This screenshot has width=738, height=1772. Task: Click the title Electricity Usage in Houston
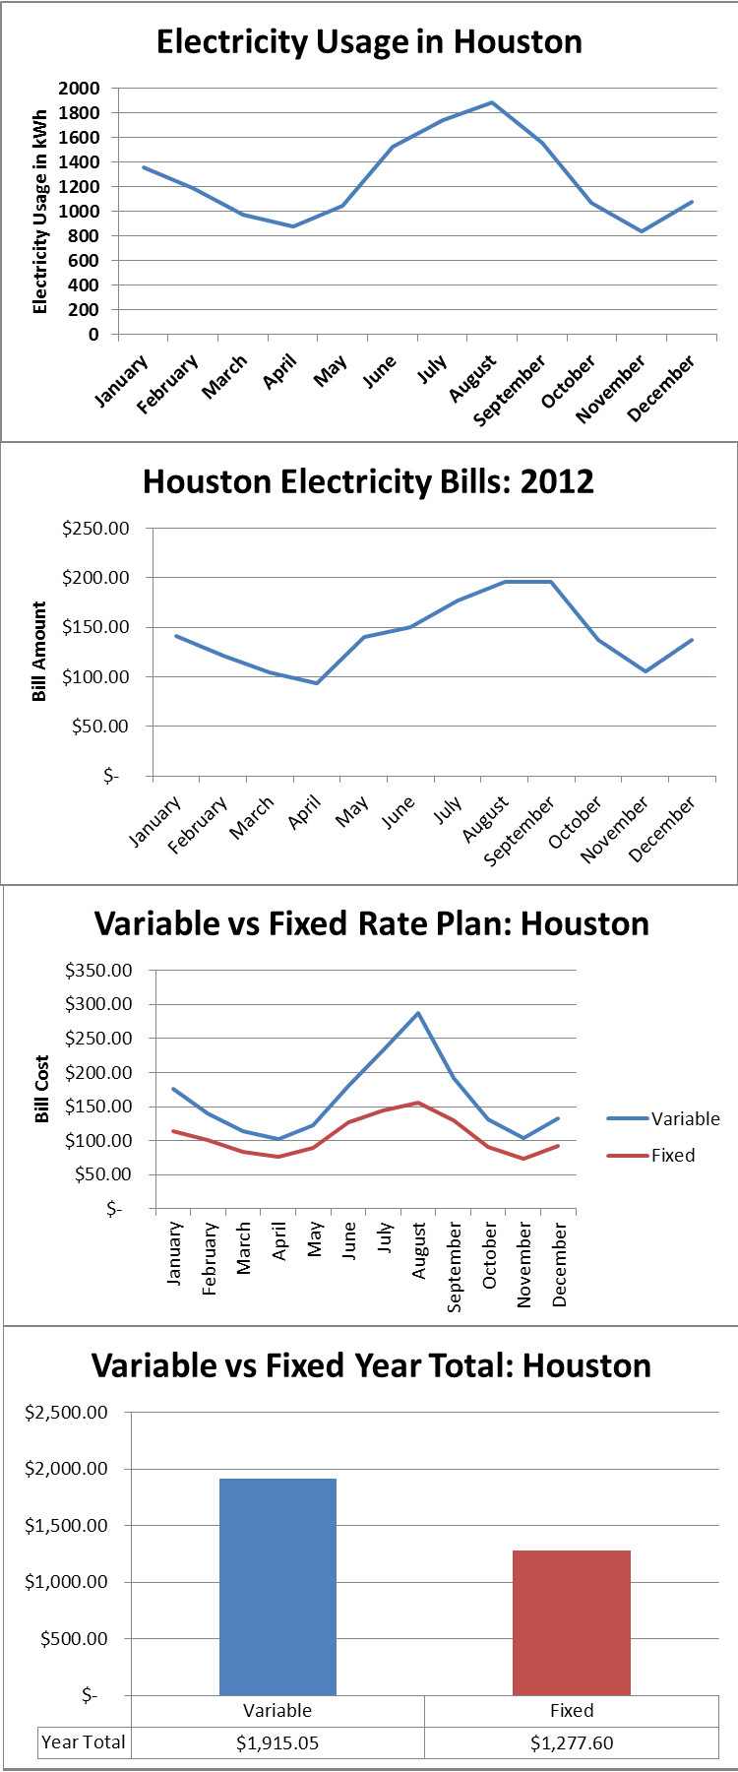(369, 42)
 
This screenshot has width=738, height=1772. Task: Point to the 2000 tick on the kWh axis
(79, 89)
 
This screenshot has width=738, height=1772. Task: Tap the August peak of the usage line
(492, 102)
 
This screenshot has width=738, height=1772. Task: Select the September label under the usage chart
(509, 392)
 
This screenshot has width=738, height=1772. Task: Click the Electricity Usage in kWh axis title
(40, 212)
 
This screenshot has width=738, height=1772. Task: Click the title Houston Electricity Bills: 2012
(368, 482)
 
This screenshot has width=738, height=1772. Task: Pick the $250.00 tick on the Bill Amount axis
(95, 529)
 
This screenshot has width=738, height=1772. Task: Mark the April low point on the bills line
(317, 683)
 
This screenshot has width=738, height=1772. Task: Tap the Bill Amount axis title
(39, 652)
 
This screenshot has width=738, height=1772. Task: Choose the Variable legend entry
(685, 1119)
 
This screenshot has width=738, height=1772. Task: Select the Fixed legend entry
(673, 1156)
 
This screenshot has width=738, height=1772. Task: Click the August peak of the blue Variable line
(418, 1013)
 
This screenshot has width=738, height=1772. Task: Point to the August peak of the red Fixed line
(418, 1103)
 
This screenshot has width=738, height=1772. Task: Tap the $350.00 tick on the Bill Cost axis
(98, 971)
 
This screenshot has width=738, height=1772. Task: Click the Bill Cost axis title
(42, 1089)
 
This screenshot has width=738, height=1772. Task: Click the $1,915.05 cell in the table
(277, 1743)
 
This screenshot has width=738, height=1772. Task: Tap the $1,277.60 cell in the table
(571, 1743)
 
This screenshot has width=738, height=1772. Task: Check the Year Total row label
(84, 1742)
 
